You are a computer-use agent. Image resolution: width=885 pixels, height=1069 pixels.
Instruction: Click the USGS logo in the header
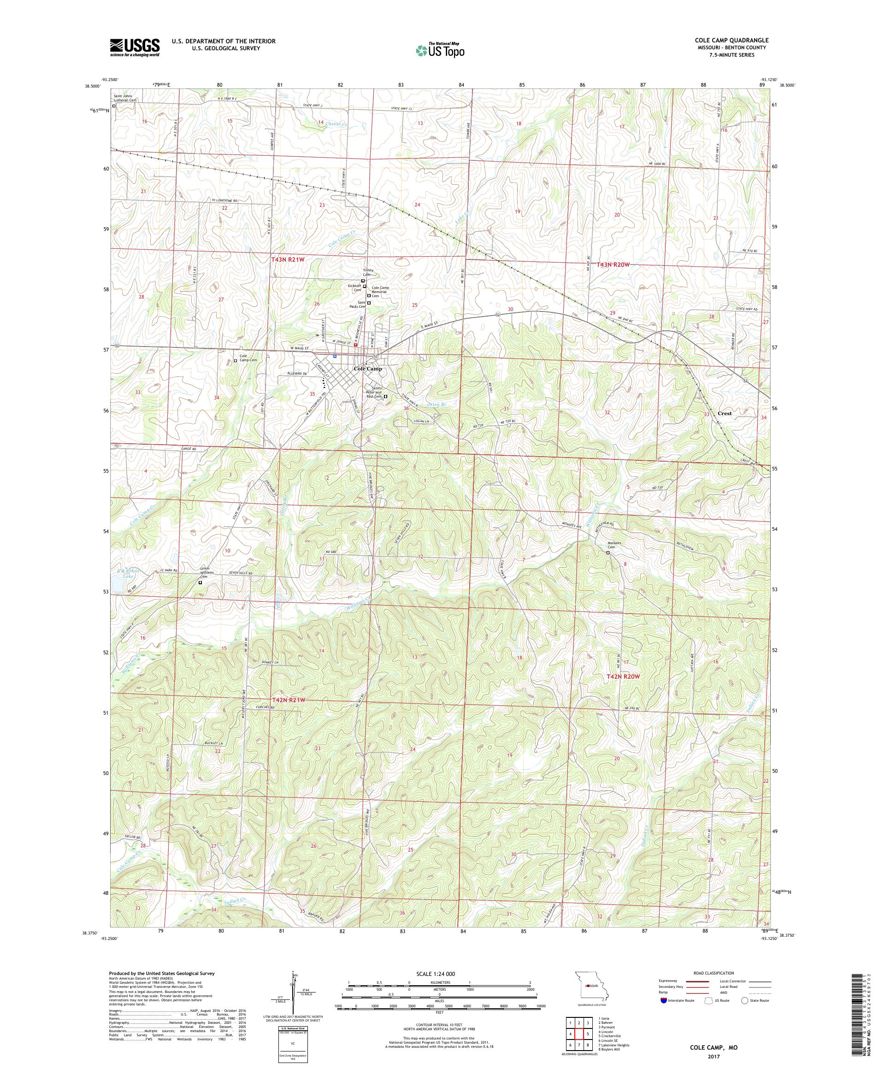pyautogui.click(x=135, y=48)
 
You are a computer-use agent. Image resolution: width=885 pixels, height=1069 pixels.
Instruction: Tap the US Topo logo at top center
pyautogui.click(x=441, y=50)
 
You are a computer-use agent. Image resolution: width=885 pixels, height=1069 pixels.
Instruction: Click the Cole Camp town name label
pyautogui.click(x=367, y=369)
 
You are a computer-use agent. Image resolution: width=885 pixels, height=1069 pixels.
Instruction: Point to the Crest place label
pyautogui.click(x=724, y=413)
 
